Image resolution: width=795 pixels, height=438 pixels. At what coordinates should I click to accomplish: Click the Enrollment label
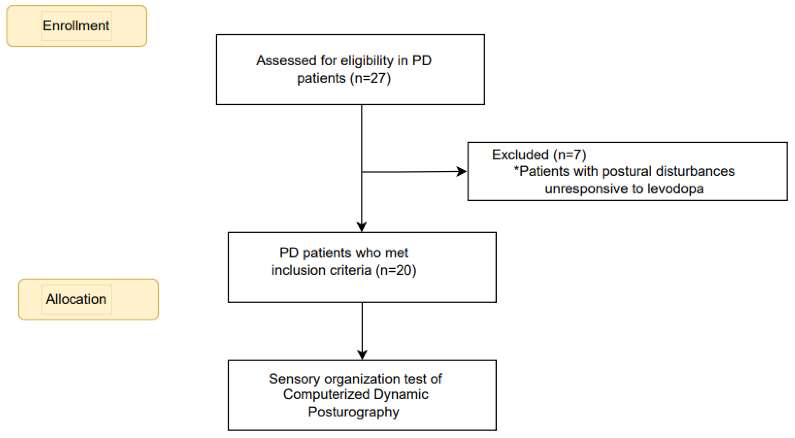(76, 26)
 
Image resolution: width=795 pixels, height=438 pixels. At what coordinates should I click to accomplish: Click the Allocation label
(76, 299)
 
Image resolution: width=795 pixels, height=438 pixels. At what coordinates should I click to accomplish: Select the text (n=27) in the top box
(370, 78)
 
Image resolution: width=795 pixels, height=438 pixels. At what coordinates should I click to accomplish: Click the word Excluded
(520, 155)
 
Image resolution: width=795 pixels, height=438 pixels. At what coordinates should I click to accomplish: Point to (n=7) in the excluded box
(570, 155)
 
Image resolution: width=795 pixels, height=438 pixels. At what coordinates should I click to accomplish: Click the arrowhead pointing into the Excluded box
(462, 172)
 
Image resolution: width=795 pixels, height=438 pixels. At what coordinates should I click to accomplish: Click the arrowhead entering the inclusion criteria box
(361, 227)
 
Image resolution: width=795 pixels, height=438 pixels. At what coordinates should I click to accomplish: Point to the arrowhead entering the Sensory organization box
(362, 355)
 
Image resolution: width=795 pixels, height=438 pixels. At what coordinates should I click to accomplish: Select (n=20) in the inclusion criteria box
(396, 270)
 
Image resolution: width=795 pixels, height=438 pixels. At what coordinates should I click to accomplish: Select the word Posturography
(353, 412)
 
